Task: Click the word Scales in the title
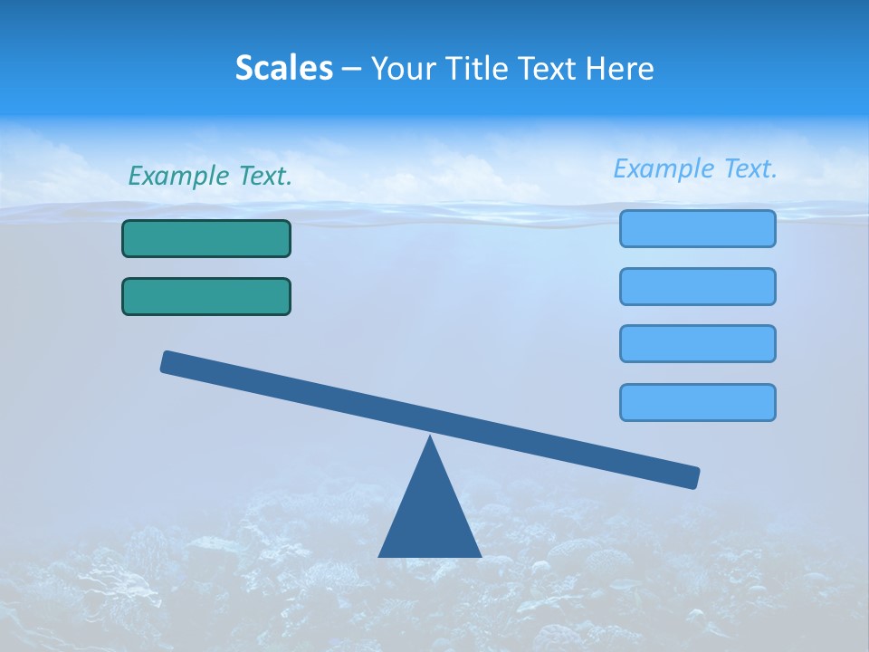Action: click(x=283, y=69)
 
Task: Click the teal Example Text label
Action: click(x=210, y=177)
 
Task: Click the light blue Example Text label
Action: click(x=695, y=168)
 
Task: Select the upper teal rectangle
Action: click(x=206, y=238)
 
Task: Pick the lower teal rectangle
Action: click(x=206, y=296)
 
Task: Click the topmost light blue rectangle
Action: click(x=697, y=228)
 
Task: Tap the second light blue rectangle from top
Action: click(x=697, y=286)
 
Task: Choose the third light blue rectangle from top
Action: click(x=697, y=343)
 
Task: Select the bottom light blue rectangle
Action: click(x=697, y=402)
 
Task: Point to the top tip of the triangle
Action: click(x=430, y=438)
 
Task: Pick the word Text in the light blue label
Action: click(x=749, y=168)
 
